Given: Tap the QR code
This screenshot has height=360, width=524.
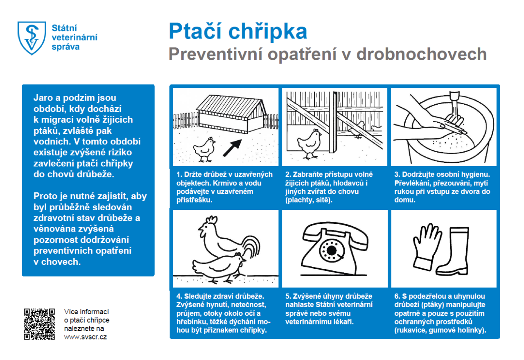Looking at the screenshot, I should pyautogui.click(x=39, y=324).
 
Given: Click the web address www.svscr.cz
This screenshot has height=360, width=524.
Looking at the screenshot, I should pyautogui.click(x=86, y=337).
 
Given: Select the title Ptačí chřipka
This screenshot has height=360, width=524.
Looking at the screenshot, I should pyautogui.click(x=238, y=32).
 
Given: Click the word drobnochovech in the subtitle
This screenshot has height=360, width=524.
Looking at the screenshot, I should pyautogui.click(x=421, y=54).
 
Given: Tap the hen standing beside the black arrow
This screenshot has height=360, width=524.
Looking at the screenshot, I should pyautogui.click(x=204, y=148).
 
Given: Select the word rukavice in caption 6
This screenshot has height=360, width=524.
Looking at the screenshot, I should pyautogui.click(x=410, y=330).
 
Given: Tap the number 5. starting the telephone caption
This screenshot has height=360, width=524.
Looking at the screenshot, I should pyautogui.click(x=288, y=296).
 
